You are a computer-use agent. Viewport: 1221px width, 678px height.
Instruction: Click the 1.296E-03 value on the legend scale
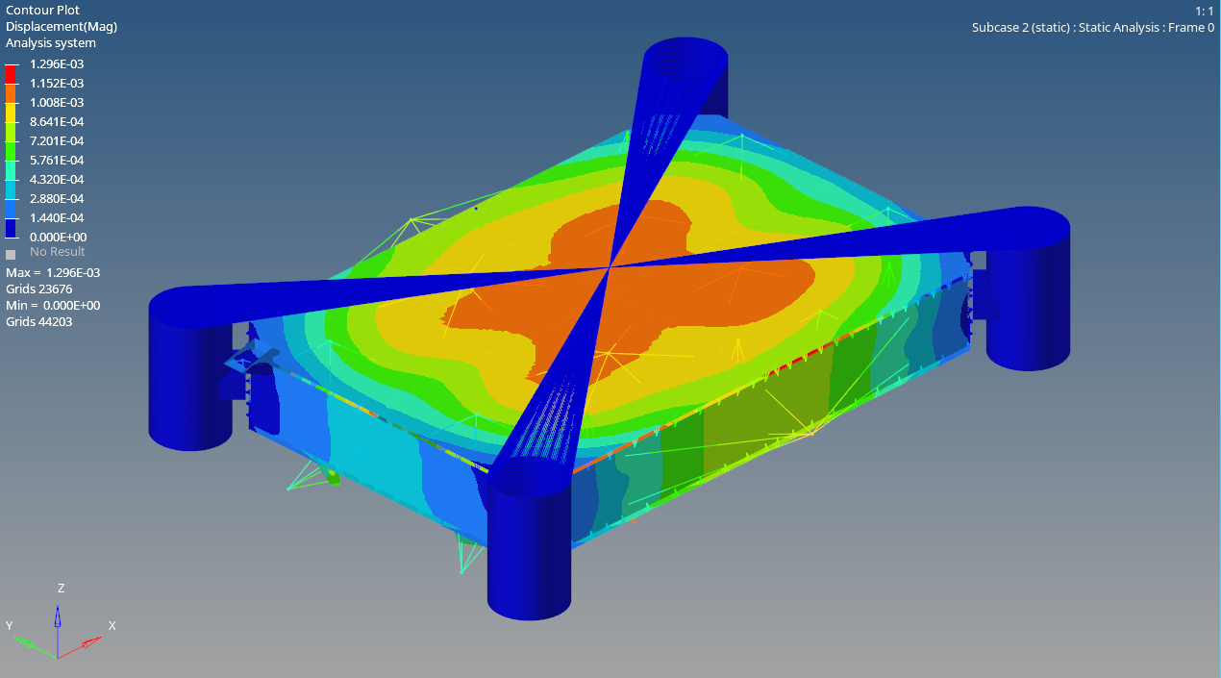(x=57, y=64)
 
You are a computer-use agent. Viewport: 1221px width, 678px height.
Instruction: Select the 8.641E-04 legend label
(x=57, y=121)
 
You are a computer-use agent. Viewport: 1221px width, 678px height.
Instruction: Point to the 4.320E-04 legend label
(x=57, y=180)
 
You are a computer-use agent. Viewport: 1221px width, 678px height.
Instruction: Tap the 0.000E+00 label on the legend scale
(x=58, y=238)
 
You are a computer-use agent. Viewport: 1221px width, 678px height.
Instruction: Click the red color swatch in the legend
(x=11, y=74)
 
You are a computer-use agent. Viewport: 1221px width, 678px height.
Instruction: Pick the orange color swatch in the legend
(x=11, y=93)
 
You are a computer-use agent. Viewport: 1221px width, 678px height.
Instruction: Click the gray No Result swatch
(x=11, y=254)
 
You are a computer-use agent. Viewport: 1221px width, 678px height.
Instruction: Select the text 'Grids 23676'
(x=38, y=289)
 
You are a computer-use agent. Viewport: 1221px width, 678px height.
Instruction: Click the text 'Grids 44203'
(x=38, y=322)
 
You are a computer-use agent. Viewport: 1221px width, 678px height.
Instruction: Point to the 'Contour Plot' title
(x=42, y=11)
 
